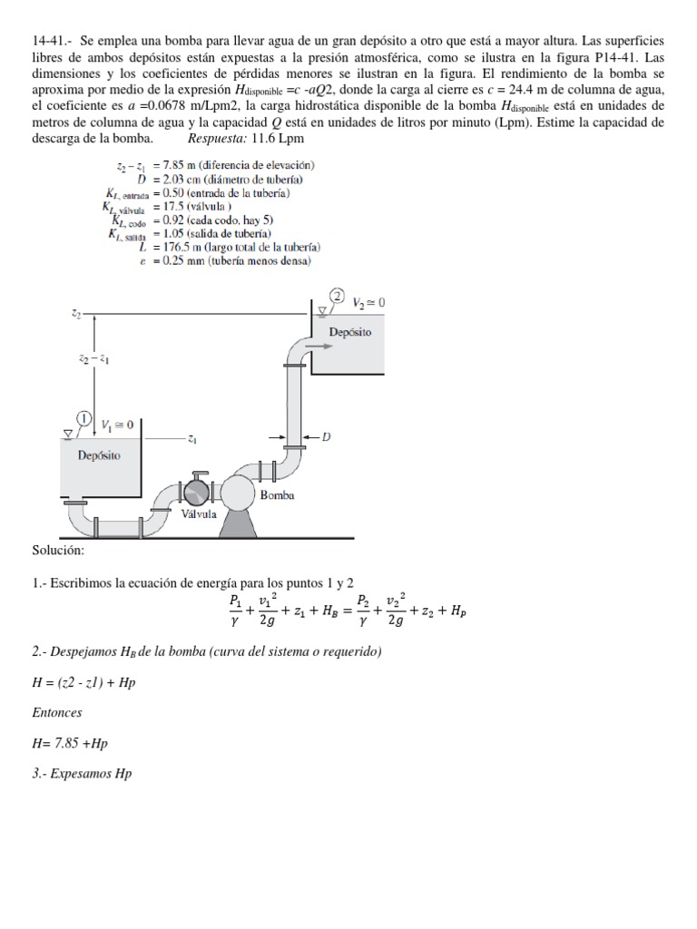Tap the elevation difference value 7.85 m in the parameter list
173,165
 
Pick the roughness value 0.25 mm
173,260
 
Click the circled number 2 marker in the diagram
337,296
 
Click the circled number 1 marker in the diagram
83,418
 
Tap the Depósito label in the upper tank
349,332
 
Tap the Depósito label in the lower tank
99,455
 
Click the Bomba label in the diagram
277,495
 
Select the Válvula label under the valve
198,513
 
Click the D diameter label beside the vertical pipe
326,437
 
